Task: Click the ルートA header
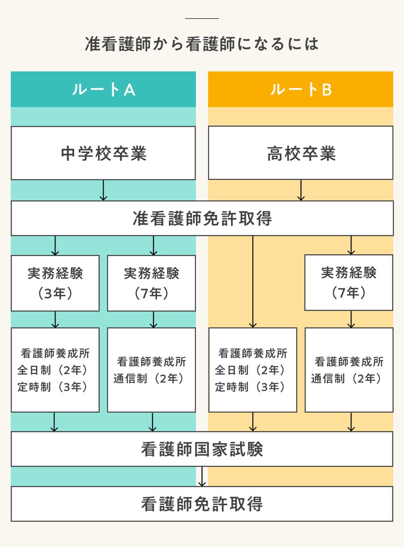point(103,89)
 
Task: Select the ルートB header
point(300,89)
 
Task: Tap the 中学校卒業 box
point(103,153)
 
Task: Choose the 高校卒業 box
point(300,153)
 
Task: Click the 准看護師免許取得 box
point(202,218)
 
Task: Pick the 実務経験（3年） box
point(55,283)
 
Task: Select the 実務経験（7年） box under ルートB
point(348,282)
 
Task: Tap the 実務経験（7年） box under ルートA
point(151,283)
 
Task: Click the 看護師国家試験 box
point(202,449)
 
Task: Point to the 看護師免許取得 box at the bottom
point(202,504)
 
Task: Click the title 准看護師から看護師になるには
point(202,43)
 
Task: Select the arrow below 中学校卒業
point(103,190)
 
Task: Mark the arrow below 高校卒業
point(301,190)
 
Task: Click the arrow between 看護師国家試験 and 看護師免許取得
point(203,476)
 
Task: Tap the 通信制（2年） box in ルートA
point(151,370)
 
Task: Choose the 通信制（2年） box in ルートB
point(348,370)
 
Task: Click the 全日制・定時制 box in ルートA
point(55,370)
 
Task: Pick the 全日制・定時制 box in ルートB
point(252,370)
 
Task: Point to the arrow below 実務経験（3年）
point(56,319)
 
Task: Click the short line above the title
point(202,19)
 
